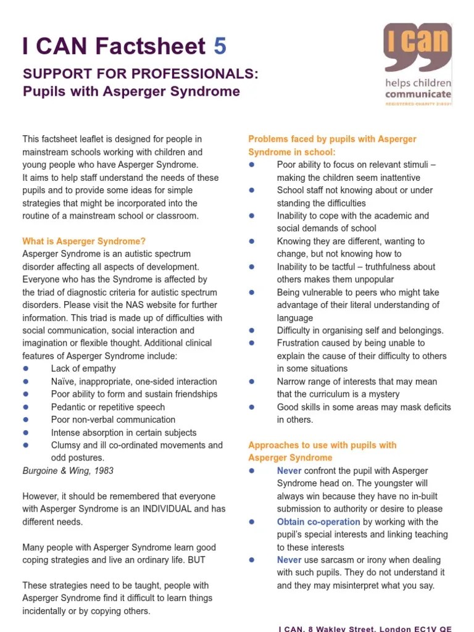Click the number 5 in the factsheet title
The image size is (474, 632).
tap(220, 46)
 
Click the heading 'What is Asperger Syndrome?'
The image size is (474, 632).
tap(84, 241)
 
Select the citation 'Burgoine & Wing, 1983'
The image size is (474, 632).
tap(68, 470)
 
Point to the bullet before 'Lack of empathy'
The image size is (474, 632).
tap(26, 368)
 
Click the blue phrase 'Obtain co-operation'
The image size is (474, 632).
tap(318, 522)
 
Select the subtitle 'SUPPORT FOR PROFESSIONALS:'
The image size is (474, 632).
tap(141, 74)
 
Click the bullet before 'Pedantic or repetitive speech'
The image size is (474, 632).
tap(26, 407)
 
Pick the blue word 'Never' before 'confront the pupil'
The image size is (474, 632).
tap(289, 471)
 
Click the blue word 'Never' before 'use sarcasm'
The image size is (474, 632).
tap(289, 560)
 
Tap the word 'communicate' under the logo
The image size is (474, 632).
tap(418, 94)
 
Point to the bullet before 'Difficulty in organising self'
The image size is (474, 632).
tap(252, 330)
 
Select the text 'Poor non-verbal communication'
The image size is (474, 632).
tap(114, 420)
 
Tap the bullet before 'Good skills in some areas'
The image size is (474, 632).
tap(252, 407)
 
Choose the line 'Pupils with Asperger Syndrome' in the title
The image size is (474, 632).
tap(131, 92)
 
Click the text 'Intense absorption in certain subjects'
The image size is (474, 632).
tap(123, 433)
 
